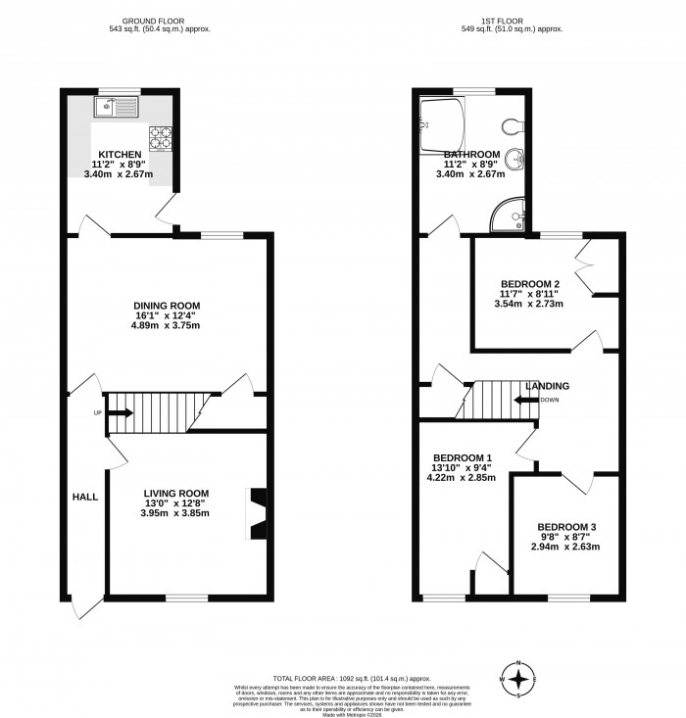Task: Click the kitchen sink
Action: tap(118, 108)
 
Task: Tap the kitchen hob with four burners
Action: tap(160, 138)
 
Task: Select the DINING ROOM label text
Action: tap(167, 306)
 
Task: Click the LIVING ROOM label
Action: tap(176, 493)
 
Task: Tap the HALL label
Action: tap(84, 498)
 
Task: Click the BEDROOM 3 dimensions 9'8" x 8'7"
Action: tap(566, 538)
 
